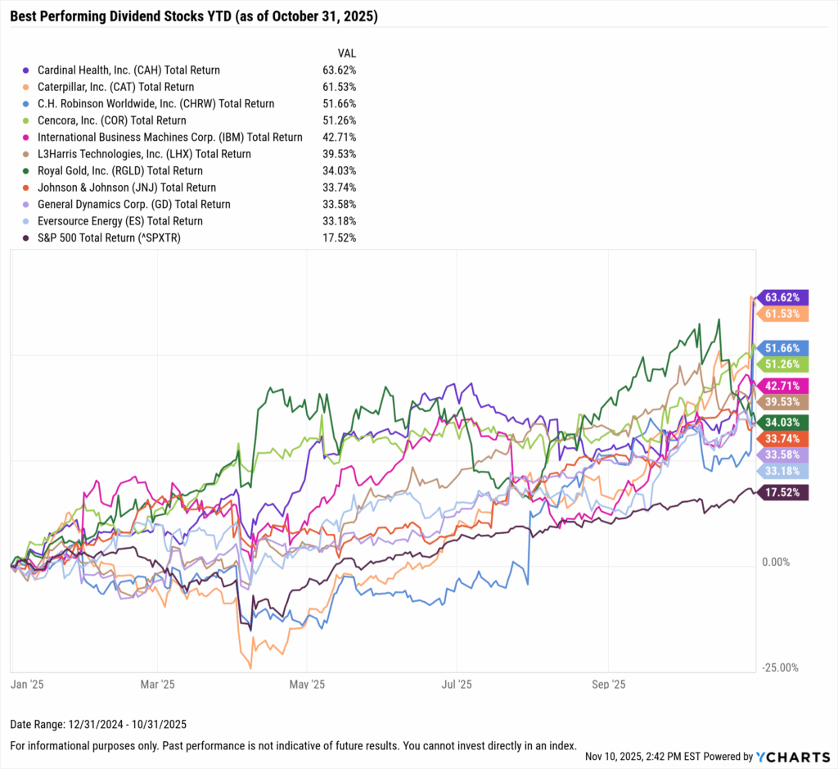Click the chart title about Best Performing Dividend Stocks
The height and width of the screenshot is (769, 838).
[194, 16]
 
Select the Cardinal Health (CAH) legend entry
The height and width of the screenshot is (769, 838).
[124, 70]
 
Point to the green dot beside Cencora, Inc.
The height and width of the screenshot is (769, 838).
[27, 120]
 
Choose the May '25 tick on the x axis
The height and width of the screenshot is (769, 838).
[307, 684]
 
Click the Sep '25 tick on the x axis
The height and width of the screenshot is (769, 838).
[608, 684]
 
